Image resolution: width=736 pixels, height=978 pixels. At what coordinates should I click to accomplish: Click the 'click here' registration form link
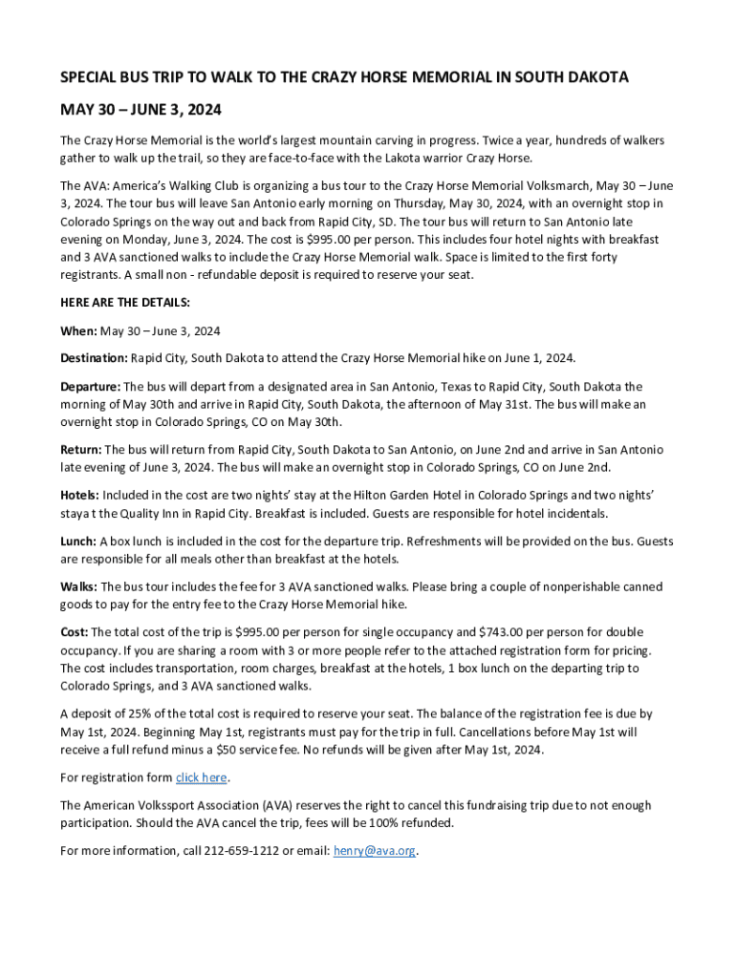click(x=202, y=777)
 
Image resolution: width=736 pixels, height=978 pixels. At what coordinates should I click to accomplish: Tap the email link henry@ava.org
click(x=375, y=850)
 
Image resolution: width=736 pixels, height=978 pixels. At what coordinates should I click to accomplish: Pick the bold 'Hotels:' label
click(x=79, y=496)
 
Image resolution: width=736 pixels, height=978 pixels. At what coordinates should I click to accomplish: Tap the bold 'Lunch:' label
click(x=78, y=542)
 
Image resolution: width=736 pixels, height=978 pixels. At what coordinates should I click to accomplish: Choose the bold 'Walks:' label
click(x=78, y=587)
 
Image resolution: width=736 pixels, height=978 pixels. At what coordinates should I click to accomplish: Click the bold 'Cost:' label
click(x=75, y=632)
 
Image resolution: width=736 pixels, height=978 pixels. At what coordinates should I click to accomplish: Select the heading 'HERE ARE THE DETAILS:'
click(x=125, y=303)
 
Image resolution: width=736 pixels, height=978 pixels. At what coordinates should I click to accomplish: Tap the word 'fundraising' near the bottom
click(x=488, y=805)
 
